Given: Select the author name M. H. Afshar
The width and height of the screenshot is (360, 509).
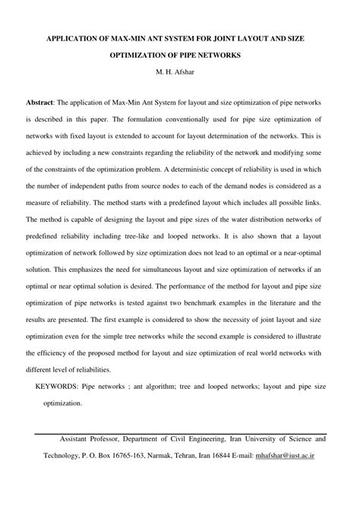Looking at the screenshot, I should click(180, 75).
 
